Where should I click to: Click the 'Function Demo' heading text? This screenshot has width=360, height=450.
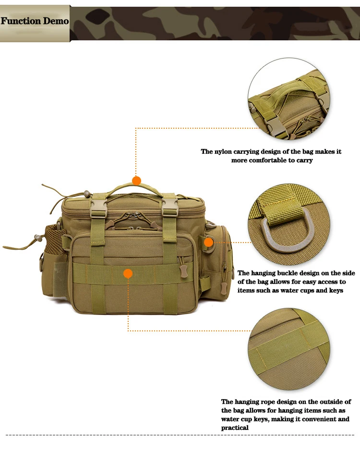click(35, 21)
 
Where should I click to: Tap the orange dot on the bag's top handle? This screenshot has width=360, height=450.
click(136, 181)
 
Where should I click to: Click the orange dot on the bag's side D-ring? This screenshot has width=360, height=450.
click(209, 243)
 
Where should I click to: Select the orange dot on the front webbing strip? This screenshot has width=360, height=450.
click(128, 273)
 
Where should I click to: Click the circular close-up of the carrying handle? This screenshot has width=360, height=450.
click(289, 99)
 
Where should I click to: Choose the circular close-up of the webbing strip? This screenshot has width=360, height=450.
click(289, 349)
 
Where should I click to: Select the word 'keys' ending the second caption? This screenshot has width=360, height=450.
click(336, 291)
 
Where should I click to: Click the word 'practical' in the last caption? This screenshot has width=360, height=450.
click(235, 428)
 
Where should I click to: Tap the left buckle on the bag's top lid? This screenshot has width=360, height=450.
click(99, 206)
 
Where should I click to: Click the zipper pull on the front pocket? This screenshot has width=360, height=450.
click(183, 270)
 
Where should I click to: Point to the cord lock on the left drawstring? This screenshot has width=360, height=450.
click(37, 238)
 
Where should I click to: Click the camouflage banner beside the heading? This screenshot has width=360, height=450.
click(215, 24)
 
